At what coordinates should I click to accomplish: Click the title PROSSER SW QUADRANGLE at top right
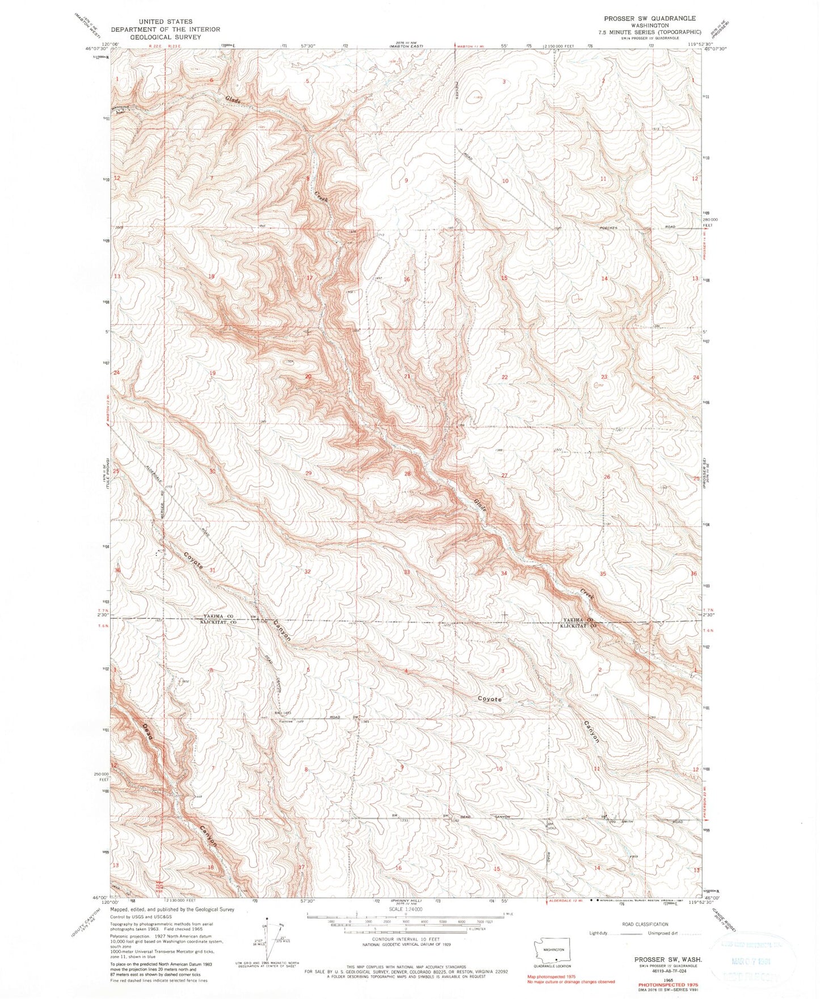649,19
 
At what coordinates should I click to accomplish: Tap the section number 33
407,572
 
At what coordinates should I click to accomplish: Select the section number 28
407,474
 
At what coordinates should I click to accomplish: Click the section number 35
603,574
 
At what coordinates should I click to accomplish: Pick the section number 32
308,571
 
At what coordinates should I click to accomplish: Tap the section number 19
213,373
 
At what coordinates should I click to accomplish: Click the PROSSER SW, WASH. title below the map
667,959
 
